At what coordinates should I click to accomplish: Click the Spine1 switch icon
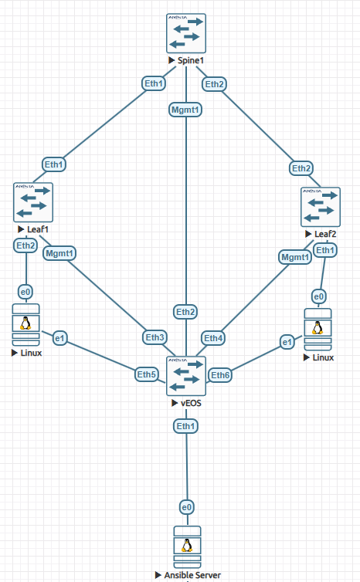coord(186,32)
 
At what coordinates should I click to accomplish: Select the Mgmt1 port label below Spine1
coord(185,110)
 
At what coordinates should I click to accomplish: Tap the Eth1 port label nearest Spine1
coord(154,83)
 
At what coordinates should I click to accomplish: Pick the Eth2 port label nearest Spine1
coord(215,83)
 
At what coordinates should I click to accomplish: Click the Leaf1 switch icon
coord(32,202)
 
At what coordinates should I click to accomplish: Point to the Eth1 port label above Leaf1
coord(54,164)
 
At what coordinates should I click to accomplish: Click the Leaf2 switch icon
coord(320,206)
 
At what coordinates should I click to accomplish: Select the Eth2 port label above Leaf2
coord(302,167)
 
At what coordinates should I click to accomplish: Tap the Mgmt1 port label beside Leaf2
coord(294,256)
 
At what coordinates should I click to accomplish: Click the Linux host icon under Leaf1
coord(26,325)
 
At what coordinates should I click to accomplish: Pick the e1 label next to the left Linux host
coord(59,337)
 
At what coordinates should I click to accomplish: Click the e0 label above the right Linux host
coord(317,296)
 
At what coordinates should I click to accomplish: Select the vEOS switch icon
coord(186,376)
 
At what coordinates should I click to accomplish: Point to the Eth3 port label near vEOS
coord(155,337)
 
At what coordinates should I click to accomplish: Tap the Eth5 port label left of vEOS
coord(147,374)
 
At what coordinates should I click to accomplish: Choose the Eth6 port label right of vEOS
coord(221,375)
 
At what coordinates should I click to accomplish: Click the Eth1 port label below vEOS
coord(185,425)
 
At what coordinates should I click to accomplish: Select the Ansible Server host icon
coord(186,546)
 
